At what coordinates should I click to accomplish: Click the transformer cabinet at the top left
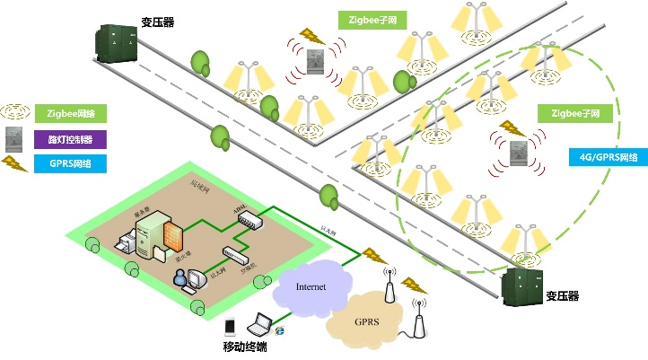(115, 42)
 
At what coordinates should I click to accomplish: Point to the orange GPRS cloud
(365, 320)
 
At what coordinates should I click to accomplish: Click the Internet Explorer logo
(279, 332)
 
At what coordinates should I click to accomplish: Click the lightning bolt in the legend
(13, 162)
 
